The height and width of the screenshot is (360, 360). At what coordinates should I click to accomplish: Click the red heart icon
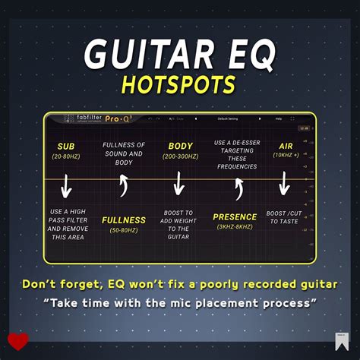[x=18, y=341]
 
